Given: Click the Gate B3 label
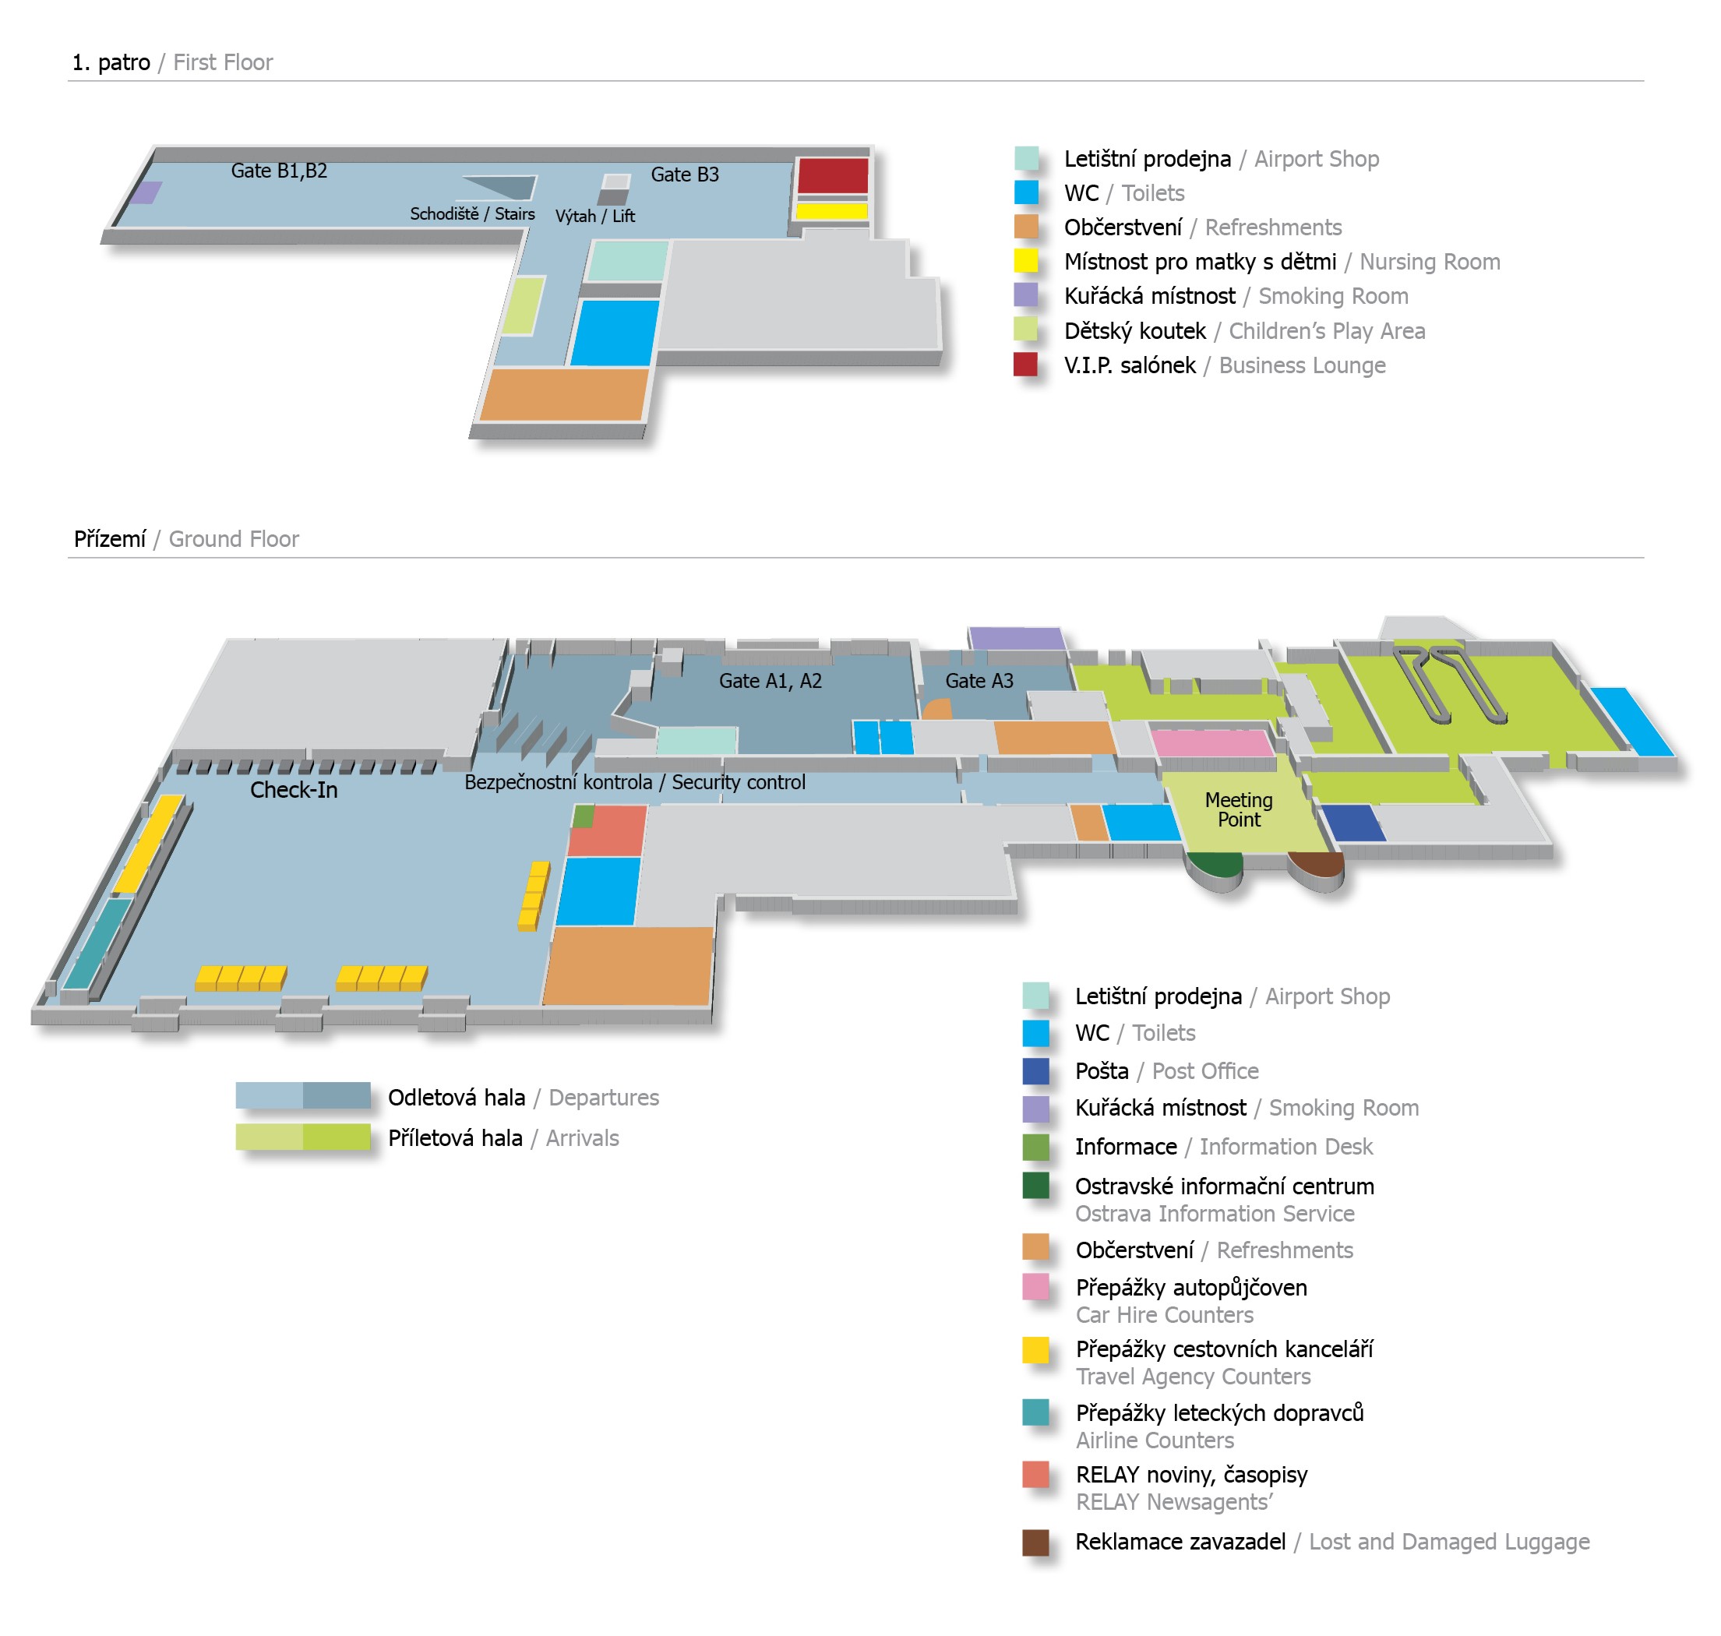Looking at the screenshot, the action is (x=685, y=175).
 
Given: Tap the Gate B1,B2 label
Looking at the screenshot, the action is (x=279, y=171).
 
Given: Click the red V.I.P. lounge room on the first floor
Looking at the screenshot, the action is (x=833, y=176).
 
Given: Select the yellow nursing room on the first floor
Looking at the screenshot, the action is (x=831, y=211).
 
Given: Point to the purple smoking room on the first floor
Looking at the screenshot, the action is (x=146, y=192).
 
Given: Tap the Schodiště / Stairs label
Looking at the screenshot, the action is (x=472, y=213).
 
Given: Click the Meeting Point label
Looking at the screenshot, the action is (x=1239, y=809).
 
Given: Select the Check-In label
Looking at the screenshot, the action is (x=293, y=790).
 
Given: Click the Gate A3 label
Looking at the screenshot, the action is (x=979, y=681).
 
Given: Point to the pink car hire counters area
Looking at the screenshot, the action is (x=1211, y=743).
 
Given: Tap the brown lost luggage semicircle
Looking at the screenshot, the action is (x=1317, y=864).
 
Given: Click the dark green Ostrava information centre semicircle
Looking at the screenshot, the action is (x=1215, y=864).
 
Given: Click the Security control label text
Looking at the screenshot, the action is (x=738, y=782).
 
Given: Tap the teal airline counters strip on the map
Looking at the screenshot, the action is (x=97, y=943).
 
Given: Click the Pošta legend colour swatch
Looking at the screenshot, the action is (x=1035, y=1071).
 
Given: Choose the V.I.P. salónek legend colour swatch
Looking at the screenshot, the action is (x=1026, y=365).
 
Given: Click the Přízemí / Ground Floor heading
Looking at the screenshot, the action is (x=185, y=539).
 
